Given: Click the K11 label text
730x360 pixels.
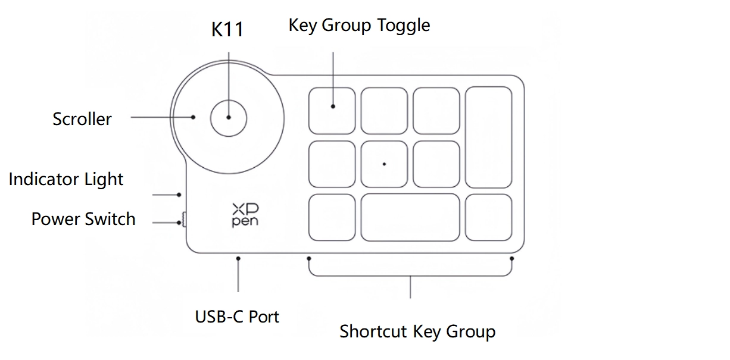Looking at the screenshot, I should tap(227, 30).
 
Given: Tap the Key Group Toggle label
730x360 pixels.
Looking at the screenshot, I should tap(359, 26).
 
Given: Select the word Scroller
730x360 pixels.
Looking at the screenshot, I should tap(82, 119).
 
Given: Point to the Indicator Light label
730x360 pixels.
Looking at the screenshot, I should tap(66, 179).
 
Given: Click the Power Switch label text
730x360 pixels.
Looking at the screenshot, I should tap(83, 219).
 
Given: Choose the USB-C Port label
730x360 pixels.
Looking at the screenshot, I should tap(237, 316).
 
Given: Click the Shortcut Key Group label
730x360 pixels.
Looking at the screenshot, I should tap(417, 331).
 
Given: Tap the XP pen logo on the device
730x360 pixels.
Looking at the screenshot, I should tap(245, 215).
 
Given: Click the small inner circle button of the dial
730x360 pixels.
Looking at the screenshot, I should tap(229, 117).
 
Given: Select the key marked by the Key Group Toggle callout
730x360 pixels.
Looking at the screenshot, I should tap(332, 111).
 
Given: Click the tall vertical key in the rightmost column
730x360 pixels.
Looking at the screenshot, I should tap(489, 137).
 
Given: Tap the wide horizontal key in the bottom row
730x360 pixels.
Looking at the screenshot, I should tap(410, 217).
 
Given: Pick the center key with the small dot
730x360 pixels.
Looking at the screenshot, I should tap(384, 164).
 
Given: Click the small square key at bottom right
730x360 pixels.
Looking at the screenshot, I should tap(489, 217).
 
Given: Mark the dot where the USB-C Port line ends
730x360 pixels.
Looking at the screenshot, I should tap(238, 258).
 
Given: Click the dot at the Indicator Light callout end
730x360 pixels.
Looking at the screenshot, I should tap(179, 195).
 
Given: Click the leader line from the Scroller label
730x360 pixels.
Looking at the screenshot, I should tap(161, 117).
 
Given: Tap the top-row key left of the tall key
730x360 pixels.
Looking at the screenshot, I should tap(436, 111).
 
